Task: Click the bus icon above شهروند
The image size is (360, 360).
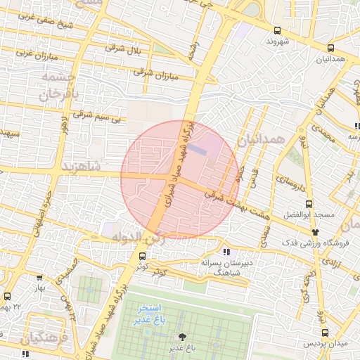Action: coord(278,30)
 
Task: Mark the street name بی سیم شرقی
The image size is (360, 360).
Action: coord(98,115)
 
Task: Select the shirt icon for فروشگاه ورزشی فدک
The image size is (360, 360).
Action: coord(314,231)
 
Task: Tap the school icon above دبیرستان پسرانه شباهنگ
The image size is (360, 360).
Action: coord(226,251)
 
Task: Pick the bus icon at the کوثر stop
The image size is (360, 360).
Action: coord(142,256)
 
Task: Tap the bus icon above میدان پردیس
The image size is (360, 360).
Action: coord(324,333)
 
